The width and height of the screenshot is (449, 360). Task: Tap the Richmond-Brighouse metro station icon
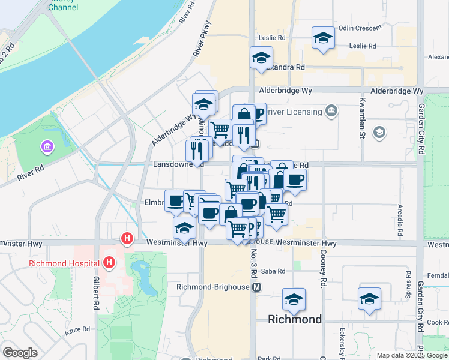(257, 287)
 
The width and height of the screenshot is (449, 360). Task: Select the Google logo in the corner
(20, 353)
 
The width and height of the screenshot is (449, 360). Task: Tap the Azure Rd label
(77, 329)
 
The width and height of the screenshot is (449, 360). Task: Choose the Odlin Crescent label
(360, 28)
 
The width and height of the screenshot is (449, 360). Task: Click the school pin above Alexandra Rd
(261, 58)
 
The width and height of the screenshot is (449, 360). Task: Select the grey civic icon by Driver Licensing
(331, 111)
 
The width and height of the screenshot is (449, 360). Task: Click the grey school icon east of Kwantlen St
(379, 132)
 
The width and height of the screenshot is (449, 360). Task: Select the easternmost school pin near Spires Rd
(369, 299)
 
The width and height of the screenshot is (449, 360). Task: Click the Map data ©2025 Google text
(411, 355)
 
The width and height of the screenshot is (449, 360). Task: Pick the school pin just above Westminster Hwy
(184, 227)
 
